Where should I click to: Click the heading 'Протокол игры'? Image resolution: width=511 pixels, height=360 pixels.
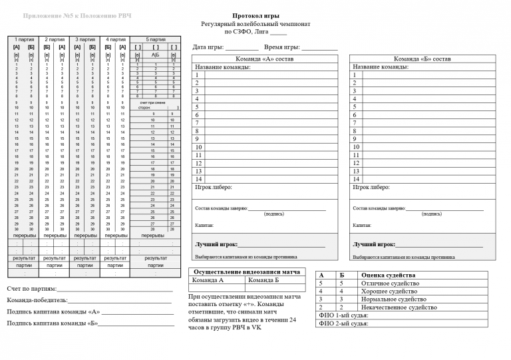(x=252, y=15)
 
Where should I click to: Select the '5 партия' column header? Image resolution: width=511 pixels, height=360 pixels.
(x=156, y=40)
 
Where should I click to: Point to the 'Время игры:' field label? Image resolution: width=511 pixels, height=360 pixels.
(x=282, y=48)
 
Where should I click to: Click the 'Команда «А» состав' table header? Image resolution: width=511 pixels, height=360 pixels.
(x=265, y=59)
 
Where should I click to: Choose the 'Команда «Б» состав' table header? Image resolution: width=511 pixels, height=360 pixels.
(x=423, y=59)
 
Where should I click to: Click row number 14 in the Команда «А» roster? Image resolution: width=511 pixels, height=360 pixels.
(x=198, y=179)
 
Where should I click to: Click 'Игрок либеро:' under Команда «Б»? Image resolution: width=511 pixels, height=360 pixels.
(x=371, y=188)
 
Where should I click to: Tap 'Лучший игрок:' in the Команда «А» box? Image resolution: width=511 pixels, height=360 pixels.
(x=216, y=244)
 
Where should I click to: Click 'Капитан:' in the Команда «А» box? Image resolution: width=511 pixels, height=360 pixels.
(x=204, y=226)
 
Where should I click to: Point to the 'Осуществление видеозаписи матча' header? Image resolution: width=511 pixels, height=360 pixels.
(x=248, y=271)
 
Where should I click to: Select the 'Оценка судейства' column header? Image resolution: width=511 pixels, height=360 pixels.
(x=398, y=275)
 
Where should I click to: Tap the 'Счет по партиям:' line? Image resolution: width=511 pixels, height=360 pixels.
(x=31, y=289)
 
